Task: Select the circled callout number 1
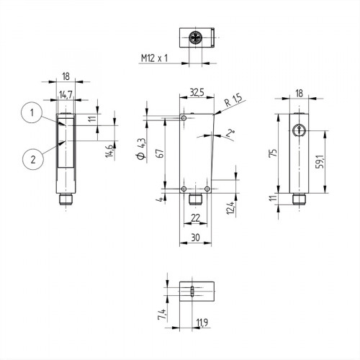click(x=30, y=112)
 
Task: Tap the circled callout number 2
click(x=30, y=157)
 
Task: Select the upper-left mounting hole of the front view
click(x=185, y=118)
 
